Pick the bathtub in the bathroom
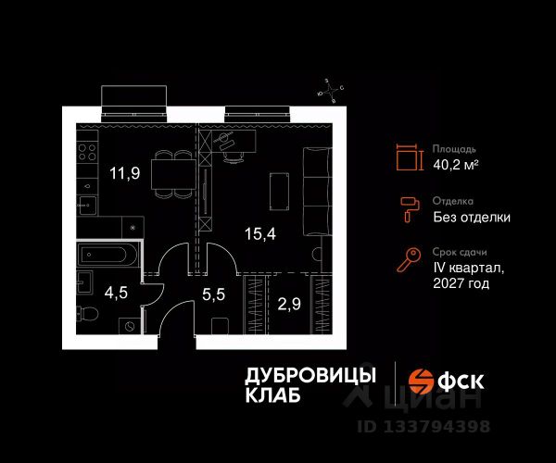tap(107, 254)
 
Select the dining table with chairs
tap(175, 173)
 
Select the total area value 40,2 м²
tap(456, 164)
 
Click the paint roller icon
tap(409, 210)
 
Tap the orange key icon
tap(409, 261)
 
